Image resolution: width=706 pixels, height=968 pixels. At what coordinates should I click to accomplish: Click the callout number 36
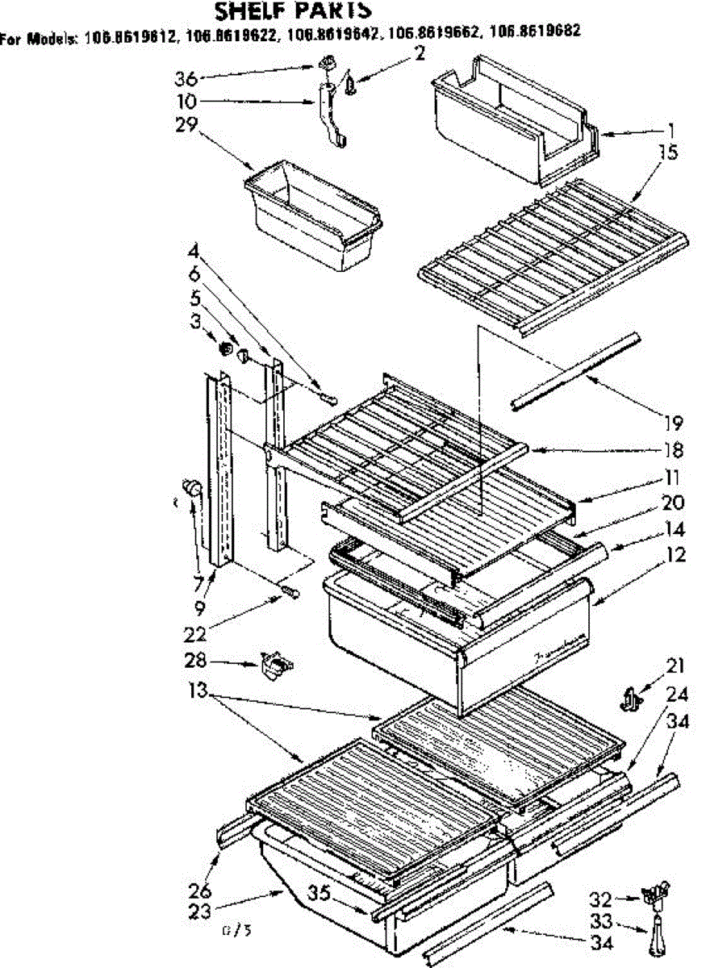[186, 78]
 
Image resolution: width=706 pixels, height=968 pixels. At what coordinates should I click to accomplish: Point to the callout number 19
[674, 422]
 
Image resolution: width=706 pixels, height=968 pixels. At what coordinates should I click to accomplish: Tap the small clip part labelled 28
[276, 665]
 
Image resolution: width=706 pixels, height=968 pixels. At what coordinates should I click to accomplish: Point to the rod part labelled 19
[573, 371]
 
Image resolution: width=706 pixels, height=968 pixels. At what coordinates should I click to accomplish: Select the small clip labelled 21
[630, 696]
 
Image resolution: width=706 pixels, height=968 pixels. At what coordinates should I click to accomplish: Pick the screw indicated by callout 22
[289, 595]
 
